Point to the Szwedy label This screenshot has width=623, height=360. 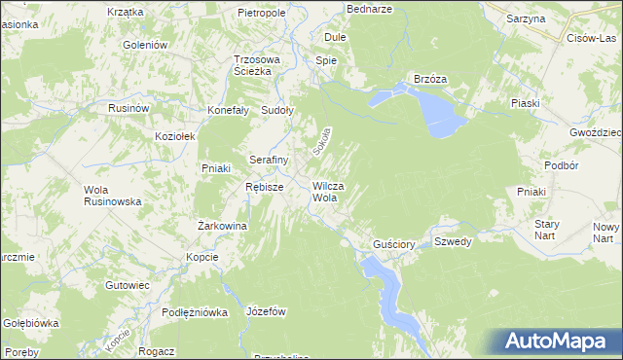coord(453,241)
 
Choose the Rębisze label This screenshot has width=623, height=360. coord(264,187)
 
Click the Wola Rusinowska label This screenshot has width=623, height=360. coord(114,195)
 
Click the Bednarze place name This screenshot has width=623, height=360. coord(369,8)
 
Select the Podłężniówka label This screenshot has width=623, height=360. coord(195,312)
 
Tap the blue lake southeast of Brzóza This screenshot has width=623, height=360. coord(440,113)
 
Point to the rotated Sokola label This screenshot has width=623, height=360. coord(322,142)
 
